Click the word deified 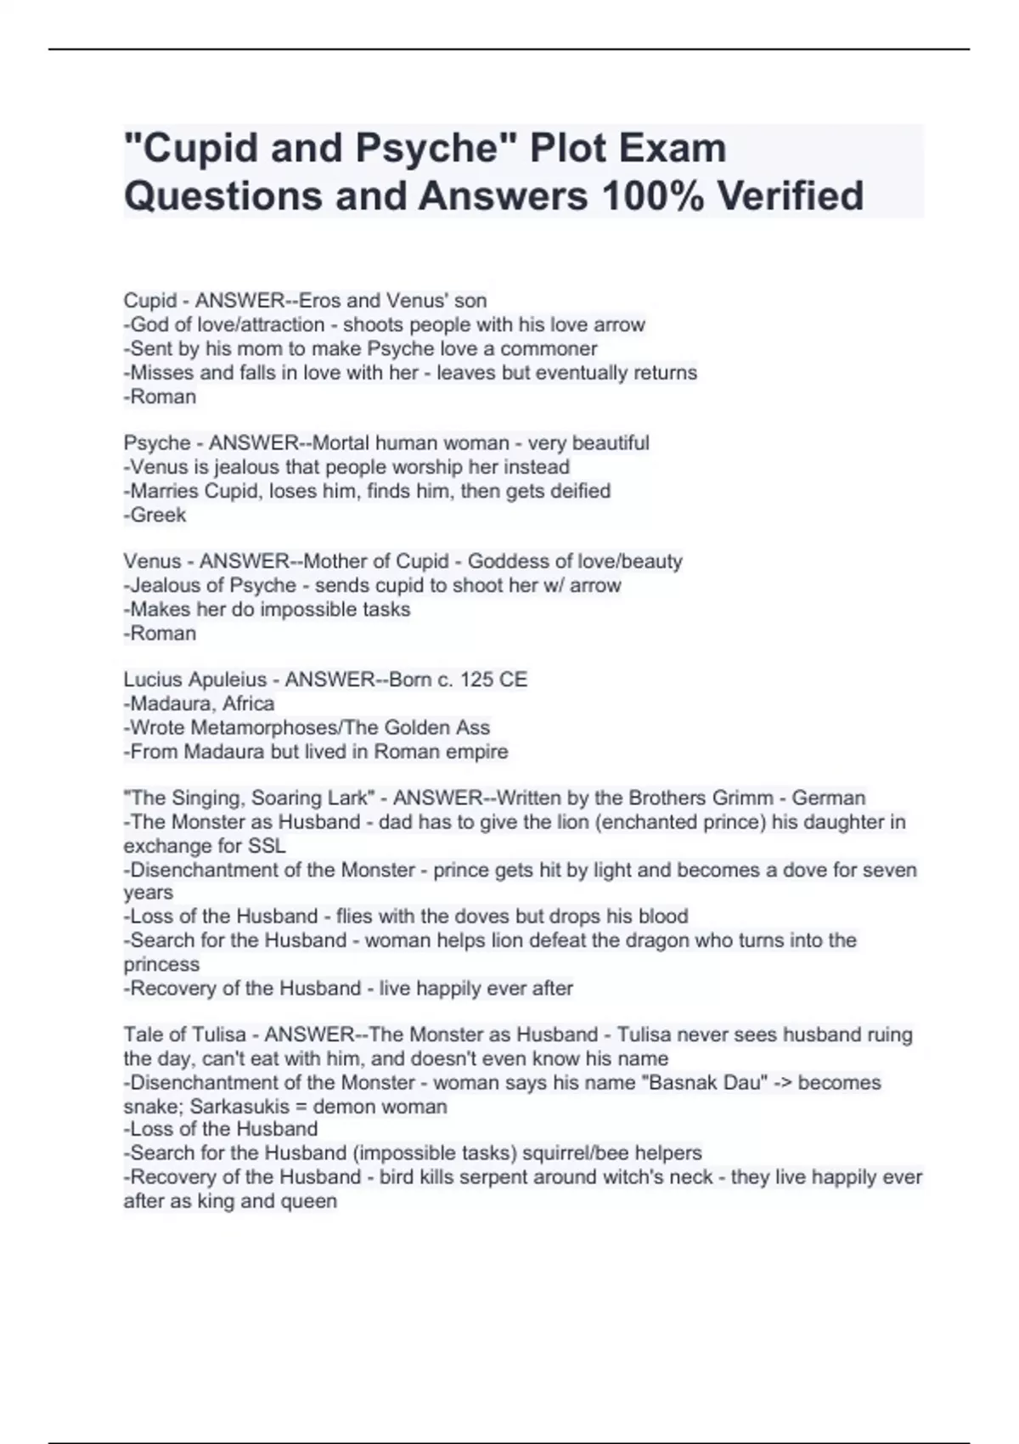581,491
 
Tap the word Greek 158,515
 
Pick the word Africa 248,703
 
